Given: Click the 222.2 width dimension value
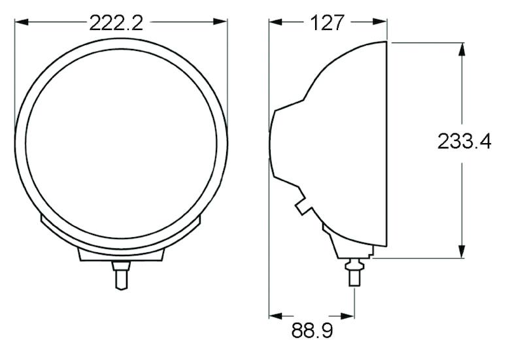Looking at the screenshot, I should (x=116, y=23).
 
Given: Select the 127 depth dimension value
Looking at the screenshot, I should (x=327, y=23).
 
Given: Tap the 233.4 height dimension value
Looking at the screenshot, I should (x=464, y=142).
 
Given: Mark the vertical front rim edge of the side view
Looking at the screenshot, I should (x=388, y=144).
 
